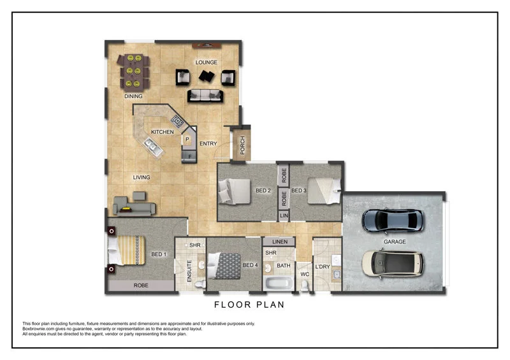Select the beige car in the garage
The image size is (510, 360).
click(393, 264)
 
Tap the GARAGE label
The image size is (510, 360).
click(395, 242)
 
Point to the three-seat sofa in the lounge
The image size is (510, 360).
click(205, 96)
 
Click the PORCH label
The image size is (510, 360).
click(243, 147)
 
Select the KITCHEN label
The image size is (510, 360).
click(163, 132)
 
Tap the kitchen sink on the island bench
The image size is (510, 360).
click(152, 148)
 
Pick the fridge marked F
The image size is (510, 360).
click(189, 154)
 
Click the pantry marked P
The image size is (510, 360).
click(187, 139)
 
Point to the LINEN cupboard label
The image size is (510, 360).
click(279, 242)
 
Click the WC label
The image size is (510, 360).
click(305, 275)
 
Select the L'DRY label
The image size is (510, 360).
click(323, 266)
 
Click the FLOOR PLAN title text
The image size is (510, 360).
click(249, 305)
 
